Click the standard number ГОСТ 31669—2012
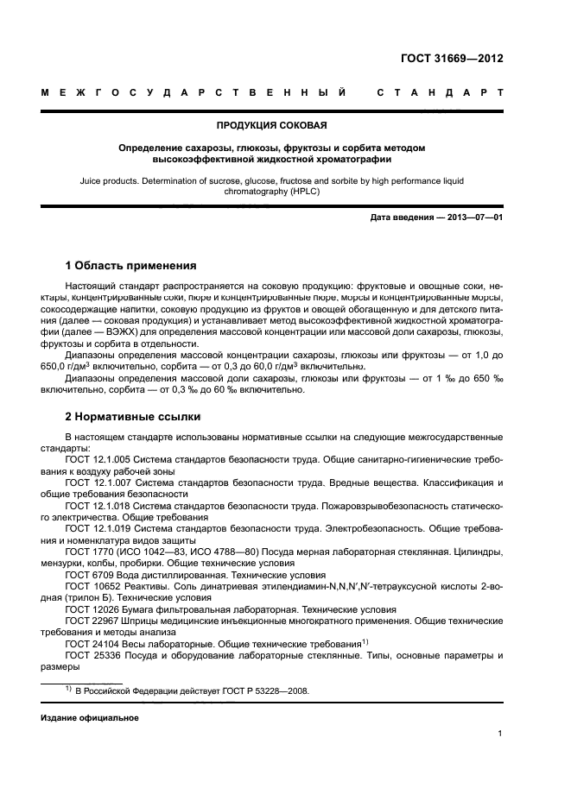[x=452, y=59]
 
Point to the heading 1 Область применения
[x=130, y=265]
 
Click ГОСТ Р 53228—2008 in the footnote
[x=258, y=690]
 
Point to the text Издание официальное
[x=90, y=718]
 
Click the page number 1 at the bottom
[x=500, y=734]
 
